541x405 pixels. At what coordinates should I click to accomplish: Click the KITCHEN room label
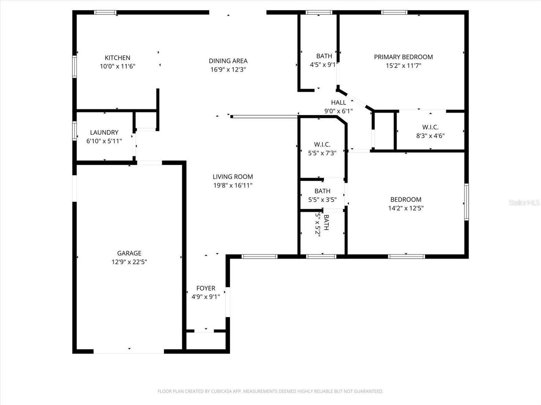(x=117, y=58)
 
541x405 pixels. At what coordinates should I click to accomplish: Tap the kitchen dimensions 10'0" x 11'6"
(x=117, y=66)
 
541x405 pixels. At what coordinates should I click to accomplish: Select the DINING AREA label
(x=228, y=61)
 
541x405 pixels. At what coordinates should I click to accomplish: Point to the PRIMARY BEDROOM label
(x=403, y=57)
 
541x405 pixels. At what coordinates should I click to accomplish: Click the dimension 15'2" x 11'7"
(x=403, y=65)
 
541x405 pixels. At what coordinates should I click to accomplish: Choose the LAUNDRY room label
(x=104, y=132)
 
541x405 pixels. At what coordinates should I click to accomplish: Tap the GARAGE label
(x=129, y=253)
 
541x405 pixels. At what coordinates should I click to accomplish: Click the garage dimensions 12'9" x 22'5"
(x=129, y=262)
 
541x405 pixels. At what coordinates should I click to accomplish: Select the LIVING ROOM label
(x=232, y=177)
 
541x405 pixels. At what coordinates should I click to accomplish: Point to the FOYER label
(x=206, y=288)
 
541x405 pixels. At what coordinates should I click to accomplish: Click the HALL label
(x=339, y=103)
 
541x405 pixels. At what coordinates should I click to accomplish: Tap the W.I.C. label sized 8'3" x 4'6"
(x=430, y=127)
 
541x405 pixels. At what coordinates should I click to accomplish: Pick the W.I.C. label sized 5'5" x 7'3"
(x=322, y=145)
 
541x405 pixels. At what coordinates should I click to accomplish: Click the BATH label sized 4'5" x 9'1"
(x=324, y=56)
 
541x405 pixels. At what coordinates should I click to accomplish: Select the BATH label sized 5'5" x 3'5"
(x=322, y=191)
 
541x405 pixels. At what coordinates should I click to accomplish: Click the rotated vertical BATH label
(x=326, y=222)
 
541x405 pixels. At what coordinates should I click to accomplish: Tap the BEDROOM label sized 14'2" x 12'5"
(x=406, y=200)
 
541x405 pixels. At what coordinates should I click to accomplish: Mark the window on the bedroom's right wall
(x=467, y=202)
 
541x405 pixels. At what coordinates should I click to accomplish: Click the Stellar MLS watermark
(x=524, y=203)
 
